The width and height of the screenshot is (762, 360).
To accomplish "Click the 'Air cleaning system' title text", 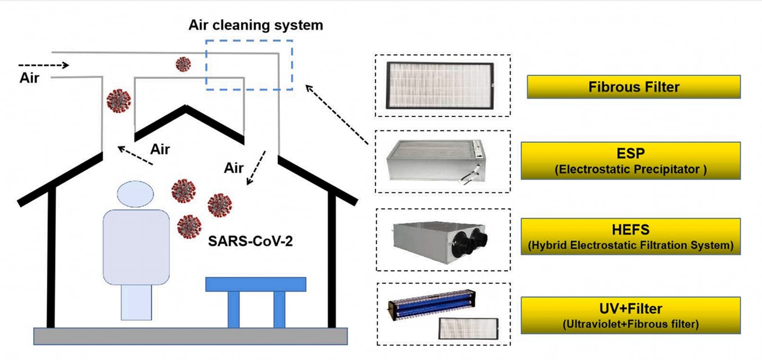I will (256, 25).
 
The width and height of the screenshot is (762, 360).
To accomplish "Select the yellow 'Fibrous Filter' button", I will (633, 87).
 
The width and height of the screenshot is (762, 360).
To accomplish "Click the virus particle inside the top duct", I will (183, 64).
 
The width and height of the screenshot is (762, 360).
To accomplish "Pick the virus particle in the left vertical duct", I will (119, 101).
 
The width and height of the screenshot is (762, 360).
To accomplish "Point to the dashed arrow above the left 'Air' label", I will (43, 65).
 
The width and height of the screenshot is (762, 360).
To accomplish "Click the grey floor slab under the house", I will (190, 336).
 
